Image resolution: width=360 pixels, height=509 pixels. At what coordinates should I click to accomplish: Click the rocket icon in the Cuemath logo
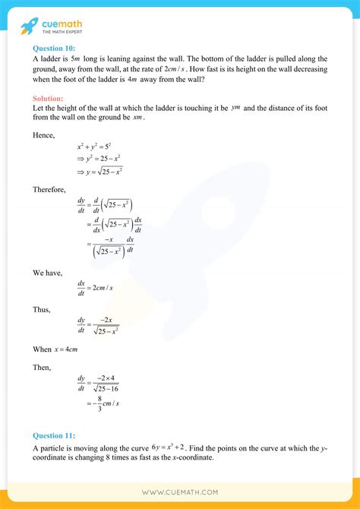(x=28, y=27)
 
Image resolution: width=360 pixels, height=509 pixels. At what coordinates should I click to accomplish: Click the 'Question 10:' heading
(x=53, y=47)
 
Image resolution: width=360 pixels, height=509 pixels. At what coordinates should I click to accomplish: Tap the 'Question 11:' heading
(x=53, y=435)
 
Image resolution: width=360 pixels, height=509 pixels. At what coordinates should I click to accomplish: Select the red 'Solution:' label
(x=48, y=99)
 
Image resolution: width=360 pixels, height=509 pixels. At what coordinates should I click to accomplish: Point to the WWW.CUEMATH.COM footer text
(x=180, y=492)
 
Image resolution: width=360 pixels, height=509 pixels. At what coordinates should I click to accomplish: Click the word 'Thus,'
(x=43, y=309)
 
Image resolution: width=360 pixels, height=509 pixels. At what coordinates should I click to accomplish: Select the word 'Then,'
(x=43, y=367)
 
